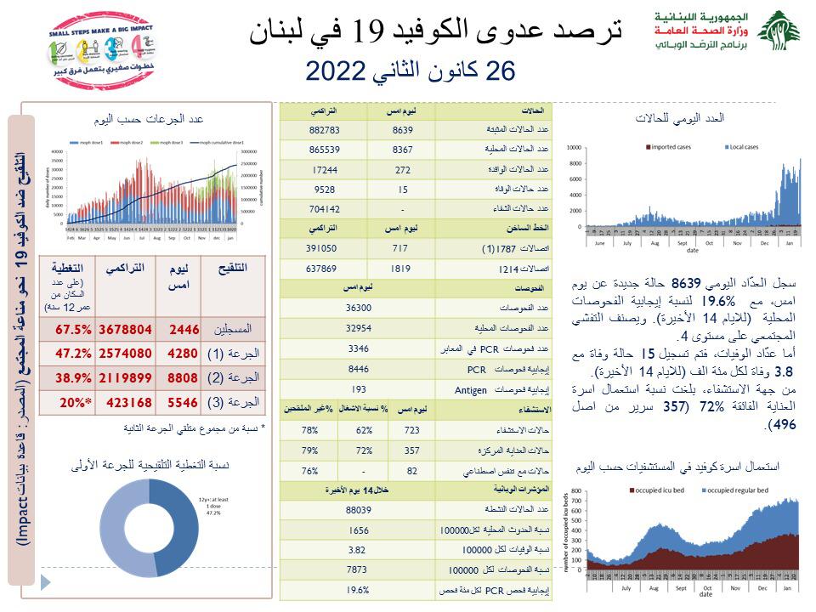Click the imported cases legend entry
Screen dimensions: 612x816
pos(671,148)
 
